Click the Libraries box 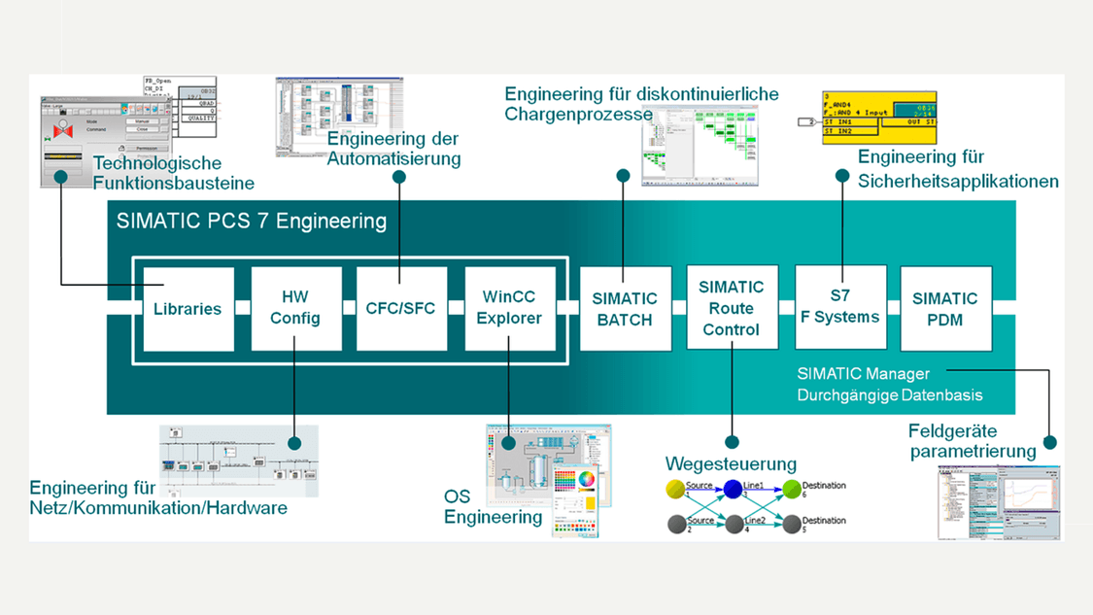pyautogui.click(x=188, y=309)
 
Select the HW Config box pyautogui.click(x=295, y=309)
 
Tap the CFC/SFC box pyautogui.click(x=401, y=309)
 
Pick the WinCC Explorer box pyautogui.click(x=509, y=309)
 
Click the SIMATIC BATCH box pyautogui.click(x=625, y=309)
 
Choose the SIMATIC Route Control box pyautogui.click(x=732, y=309)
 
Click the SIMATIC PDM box pyautogui.click(x=945, y=309)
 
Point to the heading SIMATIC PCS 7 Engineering pyautogui.click(x=252, y=221)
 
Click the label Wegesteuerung pyautogui.click(x=731, y=463)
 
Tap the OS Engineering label pyautogui.click(x=493, y=507)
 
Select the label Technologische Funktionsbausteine pyautogui.click(x=174, y=173)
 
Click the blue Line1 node pyautogui.click(x=734, y=490)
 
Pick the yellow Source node pyautogui.click(x=676, y=490)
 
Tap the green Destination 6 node pyautogui.click(x=792, y=490)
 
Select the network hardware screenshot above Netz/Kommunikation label pyautogui.click(x=238, y=461)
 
